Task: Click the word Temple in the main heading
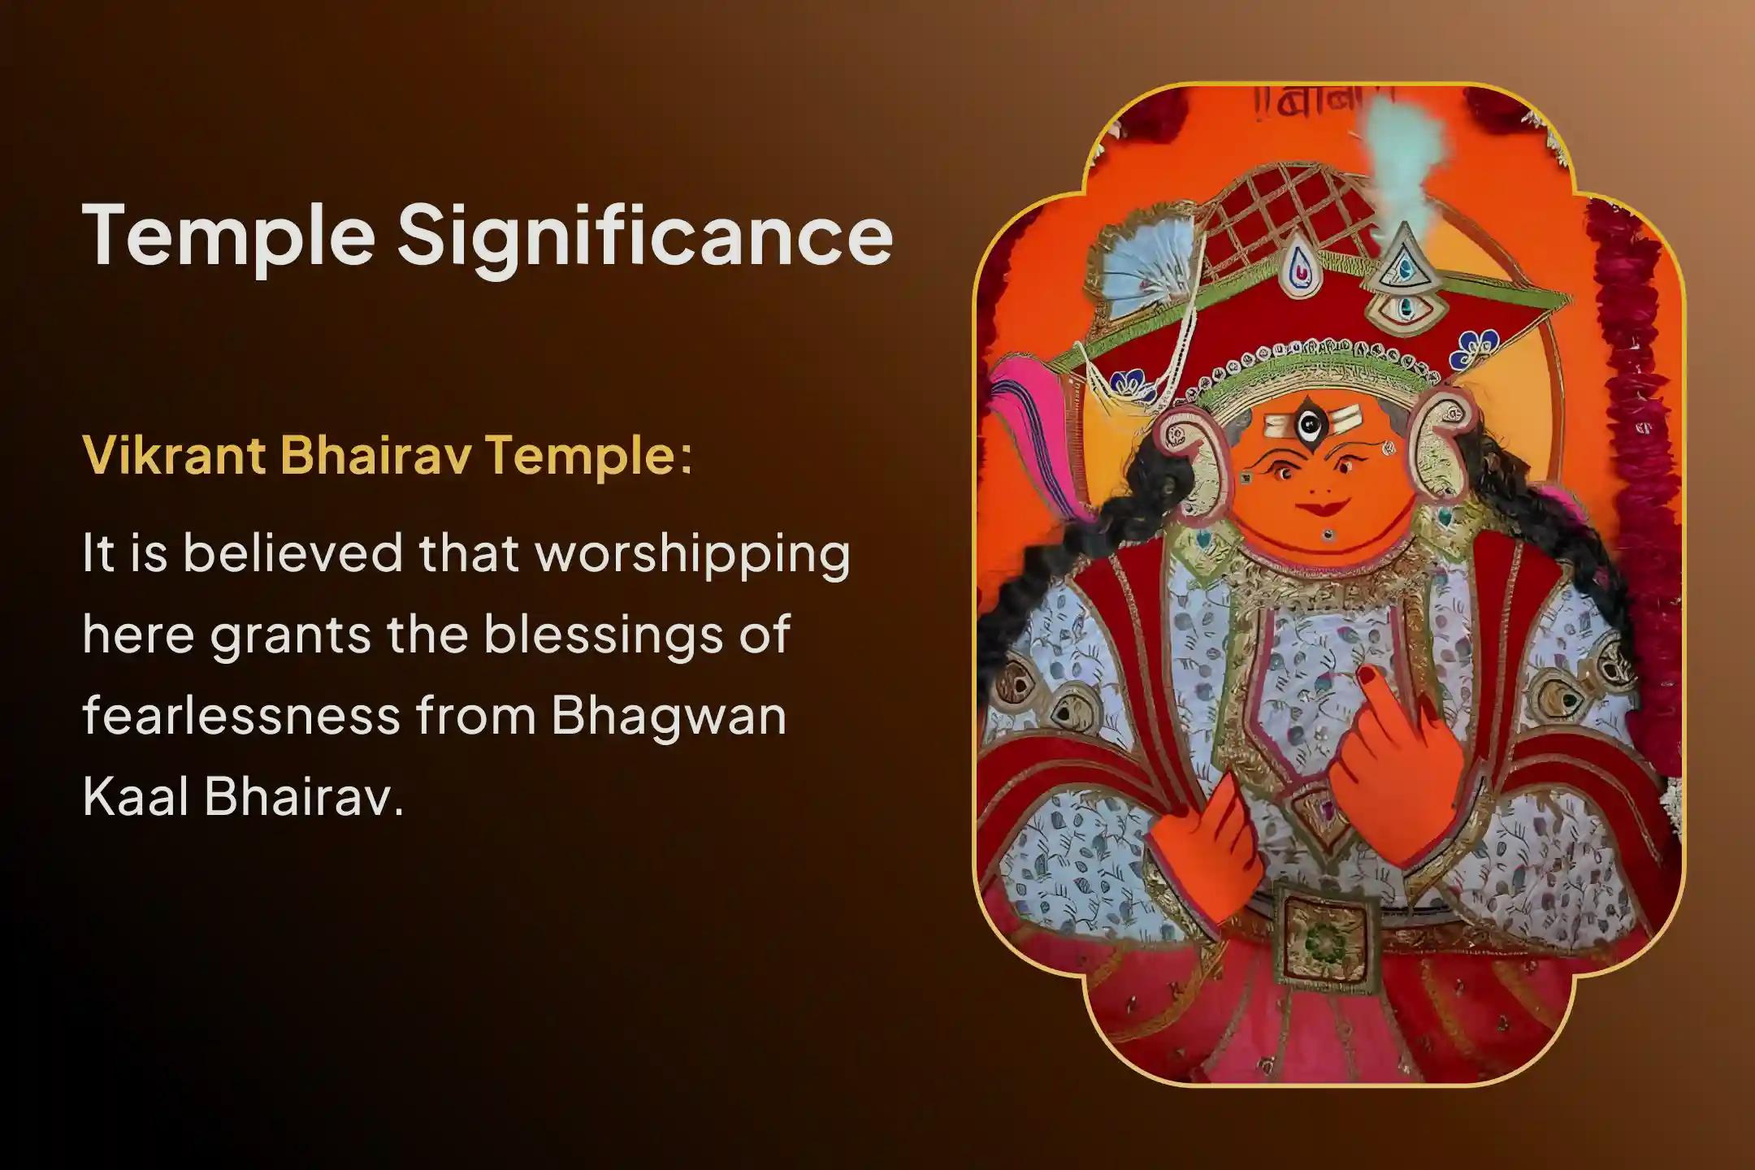(x=227, y=235)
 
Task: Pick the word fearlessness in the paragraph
(x=240, y=716)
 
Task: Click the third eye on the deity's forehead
(x=1306, y=423)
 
